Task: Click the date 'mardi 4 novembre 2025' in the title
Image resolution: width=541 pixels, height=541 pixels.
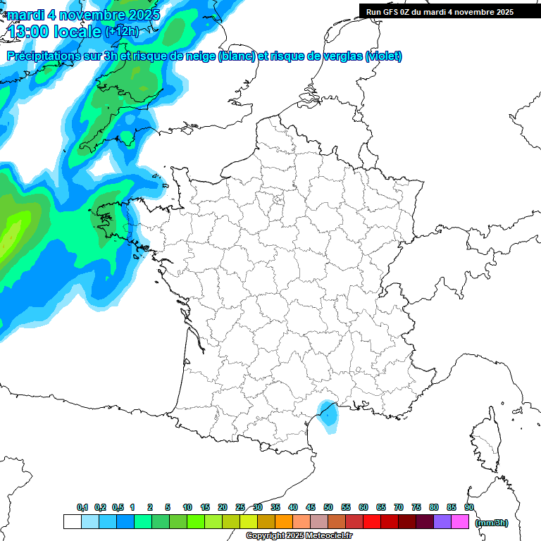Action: [x=83, y=14]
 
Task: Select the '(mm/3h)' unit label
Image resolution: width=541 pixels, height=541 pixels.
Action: [x=492, y=522]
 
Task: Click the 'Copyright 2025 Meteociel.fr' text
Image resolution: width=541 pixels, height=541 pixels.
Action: [x=299, y=535]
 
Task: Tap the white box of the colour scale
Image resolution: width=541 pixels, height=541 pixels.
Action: [x=72, y=522]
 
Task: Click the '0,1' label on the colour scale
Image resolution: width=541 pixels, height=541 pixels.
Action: [x=82, y=508]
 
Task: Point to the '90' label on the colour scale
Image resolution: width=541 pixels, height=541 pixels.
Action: [x=469, y=508]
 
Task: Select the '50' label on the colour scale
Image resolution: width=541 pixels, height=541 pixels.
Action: [x=328, y=508]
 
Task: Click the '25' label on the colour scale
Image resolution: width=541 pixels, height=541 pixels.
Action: [x=240, y=508]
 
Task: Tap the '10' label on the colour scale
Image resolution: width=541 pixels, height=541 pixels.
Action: [x=187, y=508]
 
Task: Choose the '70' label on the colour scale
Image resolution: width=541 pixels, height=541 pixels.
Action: [x=399, y=508]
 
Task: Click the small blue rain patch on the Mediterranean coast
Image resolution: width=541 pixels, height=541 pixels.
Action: [x=328, y=413]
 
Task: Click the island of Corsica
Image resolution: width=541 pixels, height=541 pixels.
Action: [x=486, y=440]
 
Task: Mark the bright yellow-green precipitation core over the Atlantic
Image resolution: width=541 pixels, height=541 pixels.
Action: [x=13, y=229]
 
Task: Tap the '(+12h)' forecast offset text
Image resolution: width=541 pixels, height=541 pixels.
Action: [x=121, y=32]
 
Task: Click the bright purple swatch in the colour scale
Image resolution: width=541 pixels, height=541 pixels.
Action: [x=442, y=522]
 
